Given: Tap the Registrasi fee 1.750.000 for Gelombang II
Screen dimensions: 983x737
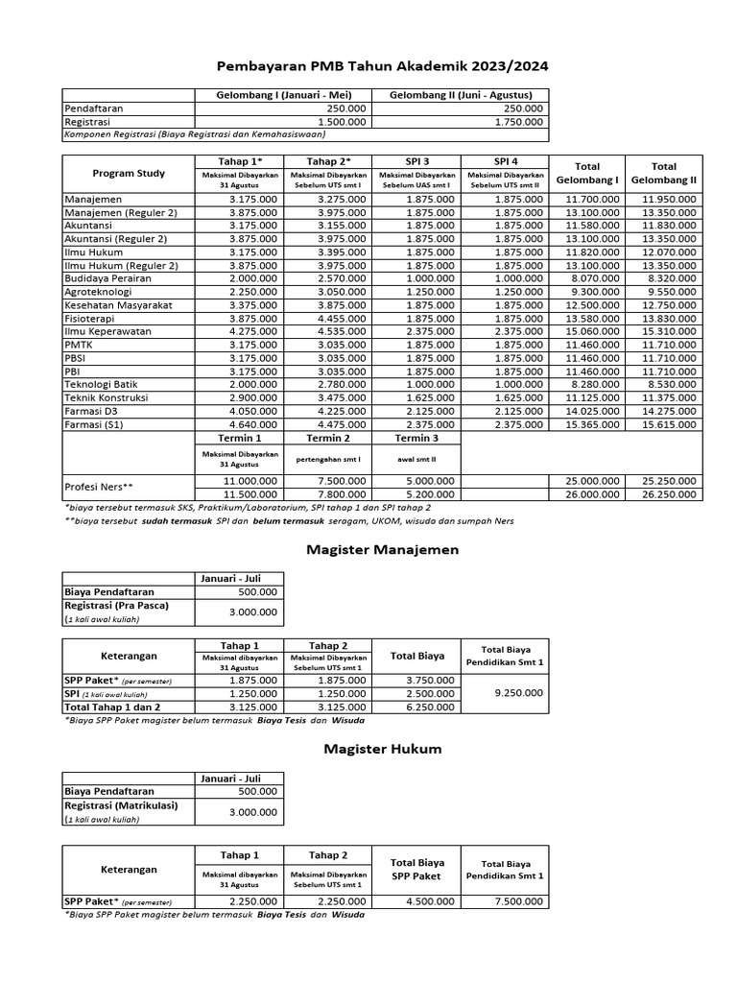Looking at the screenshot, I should point(518,122).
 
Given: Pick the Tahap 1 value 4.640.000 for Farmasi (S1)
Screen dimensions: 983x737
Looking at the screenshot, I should point(253,423).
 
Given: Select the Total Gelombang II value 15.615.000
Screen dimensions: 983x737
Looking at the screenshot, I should point(669,423).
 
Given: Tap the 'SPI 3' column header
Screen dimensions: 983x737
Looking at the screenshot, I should point(416,161).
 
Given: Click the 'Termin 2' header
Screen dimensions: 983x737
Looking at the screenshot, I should point(327,438).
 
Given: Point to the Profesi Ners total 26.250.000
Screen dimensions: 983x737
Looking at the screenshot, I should point(669,494).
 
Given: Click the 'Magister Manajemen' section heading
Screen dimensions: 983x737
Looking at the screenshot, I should point(368,550).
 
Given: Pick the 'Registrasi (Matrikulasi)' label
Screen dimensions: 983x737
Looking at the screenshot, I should point(121,806).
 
